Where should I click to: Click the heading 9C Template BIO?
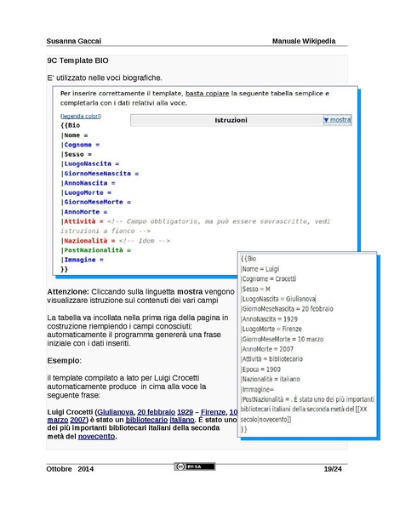coord(78,62)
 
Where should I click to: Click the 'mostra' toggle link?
coord(338,121)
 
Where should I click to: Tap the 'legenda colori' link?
coord(80,116)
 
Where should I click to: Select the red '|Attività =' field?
coord(82,221)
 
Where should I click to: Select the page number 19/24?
coord(334,470)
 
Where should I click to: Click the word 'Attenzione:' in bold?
coord(74,292)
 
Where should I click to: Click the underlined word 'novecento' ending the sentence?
coord(96,437)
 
